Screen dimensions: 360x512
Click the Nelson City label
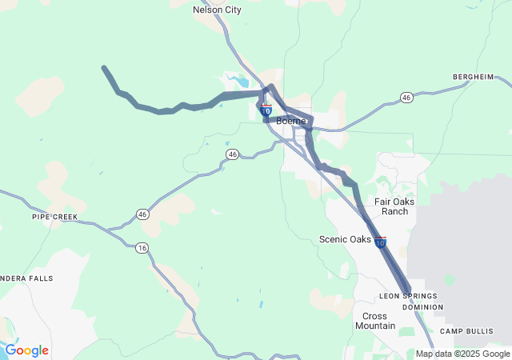click(218, 10)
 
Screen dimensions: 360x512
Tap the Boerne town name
click(290, 121)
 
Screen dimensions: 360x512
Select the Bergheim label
click(473, 77)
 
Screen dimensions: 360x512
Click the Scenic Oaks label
click(345, 239)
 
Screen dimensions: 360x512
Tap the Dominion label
click(422, 307)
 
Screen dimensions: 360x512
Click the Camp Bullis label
click(462, 331)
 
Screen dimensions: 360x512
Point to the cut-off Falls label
click(28, 278)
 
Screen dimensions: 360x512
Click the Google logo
click(26, 350)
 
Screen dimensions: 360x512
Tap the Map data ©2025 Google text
click(462, 354)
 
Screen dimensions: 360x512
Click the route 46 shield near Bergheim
click(406, 98)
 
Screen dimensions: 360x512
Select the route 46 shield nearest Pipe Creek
click(142, 214)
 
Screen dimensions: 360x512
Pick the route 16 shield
click(142, 248)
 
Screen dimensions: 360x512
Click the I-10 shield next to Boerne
click(266, 110)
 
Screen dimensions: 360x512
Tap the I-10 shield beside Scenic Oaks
click(380, 242)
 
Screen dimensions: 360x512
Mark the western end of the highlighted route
click(104, 68)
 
